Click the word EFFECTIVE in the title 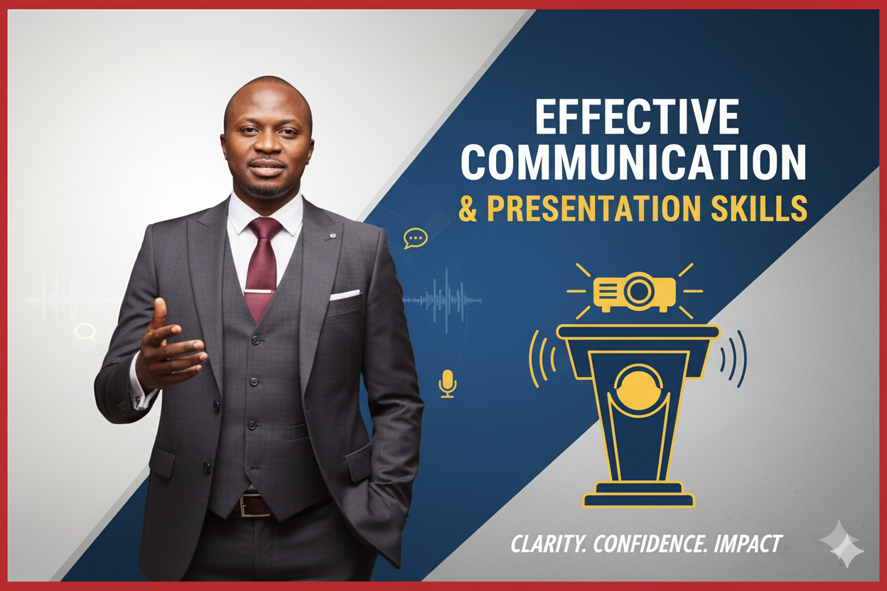coord(637,116)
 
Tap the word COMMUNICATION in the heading coord(633,162)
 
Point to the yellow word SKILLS coord(759,208)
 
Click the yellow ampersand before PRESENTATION coord(468,208)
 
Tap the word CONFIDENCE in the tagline coord(650,543)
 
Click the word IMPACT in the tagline coord(748,543)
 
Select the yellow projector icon coord(635,292)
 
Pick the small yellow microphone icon coord(448,383)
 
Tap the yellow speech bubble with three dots coord(415,239)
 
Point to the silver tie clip coord(259,292)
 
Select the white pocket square coord(345,295)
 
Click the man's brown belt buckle coord(254,505)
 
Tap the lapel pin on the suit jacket coord(333,236)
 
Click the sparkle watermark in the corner coord(842,544)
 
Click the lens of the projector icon coord(639,291)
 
